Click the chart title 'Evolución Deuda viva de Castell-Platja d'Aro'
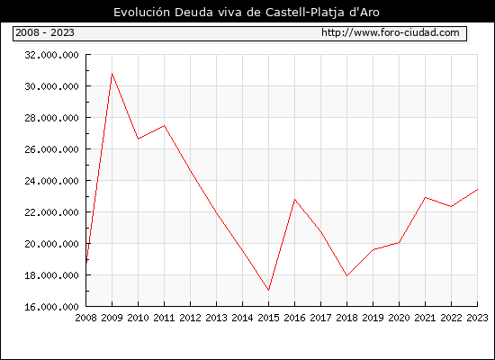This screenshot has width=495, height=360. [247, 13]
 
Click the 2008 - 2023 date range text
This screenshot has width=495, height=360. [45, 32]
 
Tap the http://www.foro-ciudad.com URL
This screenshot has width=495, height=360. [391, 32]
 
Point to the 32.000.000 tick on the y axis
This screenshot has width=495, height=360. [52, 55]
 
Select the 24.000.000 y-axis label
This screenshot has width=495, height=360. [52, 181]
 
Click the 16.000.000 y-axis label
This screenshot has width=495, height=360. [52, 307]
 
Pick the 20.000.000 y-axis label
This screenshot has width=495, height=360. [52, 244]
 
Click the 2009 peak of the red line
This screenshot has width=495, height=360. [112, 74]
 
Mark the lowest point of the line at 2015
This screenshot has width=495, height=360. [269, 290]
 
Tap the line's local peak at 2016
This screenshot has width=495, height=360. [294, 199]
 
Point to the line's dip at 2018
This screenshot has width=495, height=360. [346, 276]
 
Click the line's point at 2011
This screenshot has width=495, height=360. [164, 126]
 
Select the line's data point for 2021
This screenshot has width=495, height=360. [425, 198]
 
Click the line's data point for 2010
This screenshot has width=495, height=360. [139, 139]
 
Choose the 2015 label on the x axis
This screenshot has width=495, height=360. [269, 318]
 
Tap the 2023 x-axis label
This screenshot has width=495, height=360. [477, 318]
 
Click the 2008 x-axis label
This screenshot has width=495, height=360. [85, 318]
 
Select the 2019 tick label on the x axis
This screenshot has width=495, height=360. [373, 318]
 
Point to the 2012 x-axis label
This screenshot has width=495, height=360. [191, 318]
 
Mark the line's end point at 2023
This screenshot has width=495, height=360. [477, 190]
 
